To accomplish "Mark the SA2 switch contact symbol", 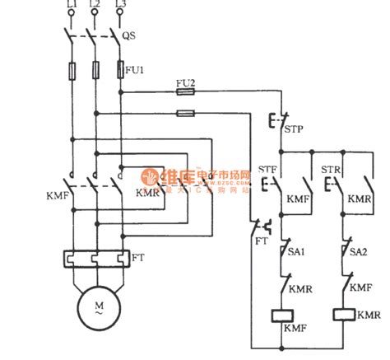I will (343, 247).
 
